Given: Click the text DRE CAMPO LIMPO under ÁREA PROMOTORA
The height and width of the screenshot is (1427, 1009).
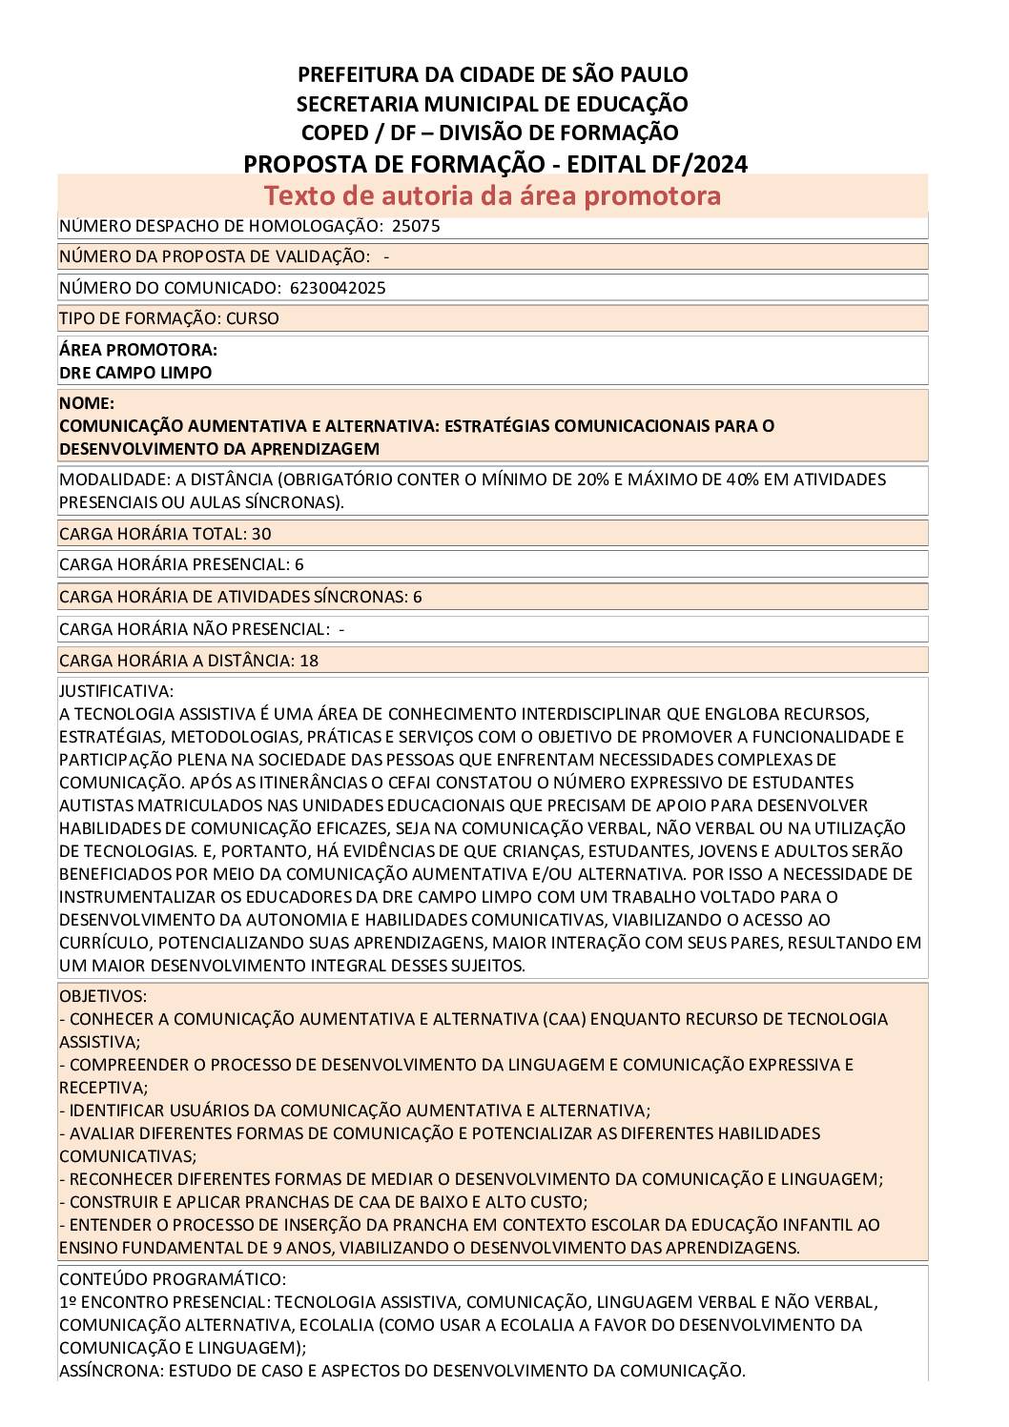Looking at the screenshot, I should [135, 373].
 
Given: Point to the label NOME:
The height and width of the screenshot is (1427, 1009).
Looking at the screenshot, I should [86, 403].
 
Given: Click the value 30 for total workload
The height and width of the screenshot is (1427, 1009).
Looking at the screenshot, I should [261, 534].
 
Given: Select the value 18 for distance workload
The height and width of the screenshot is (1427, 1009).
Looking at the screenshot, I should [309, 661].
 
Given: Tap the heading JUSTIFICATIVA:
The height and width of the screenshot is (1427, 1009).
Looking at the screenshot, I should [116, 691].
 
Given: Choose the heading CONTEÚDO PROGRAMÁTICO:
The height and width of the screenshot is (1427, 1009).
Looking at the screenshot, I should [172, 1279].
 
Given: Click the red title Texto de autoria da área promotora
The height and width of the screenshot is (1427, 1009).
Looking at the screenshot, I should [492, 195].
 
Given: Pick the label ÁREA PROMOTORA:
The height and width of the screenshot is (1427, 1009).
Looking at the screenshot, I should [137, 350].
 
